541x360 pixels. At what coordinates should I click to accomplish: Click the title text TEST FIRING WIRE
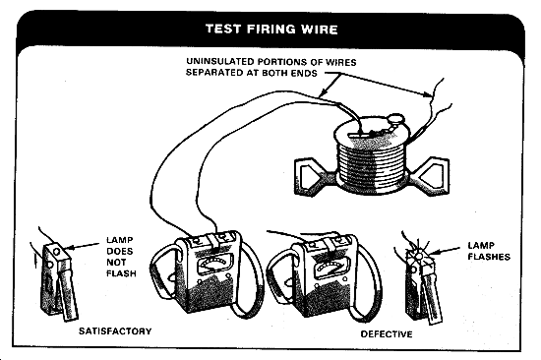271,29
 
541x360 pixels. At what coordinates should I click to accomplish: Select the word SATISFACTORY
115,331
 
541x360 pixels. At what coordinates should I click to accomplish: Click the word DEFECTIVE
387,334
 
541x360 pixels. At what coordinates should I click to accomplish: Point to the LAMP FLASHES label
489,251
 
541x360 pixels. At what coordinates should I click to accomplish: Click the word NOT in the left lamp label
116,263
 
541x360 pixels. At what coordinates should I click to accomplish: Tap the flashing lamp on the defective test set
418,256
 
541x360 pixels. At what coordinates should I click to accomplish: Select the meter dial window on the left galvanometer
212,265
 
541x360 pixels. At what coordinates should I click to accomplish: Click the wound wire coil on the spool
372,162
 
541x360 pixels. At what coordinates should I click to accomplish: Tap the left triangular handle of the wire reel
312,176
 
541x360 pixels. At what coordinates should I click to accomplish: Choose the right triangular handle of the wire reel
431,175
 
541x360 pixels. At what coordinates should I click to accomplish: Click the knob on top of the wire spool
395,119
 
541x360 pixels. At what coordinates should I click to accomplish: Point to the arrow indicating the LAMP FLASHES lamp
445,250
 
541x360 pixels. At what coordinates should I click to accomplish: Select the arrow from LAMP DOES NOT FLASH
82,246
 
